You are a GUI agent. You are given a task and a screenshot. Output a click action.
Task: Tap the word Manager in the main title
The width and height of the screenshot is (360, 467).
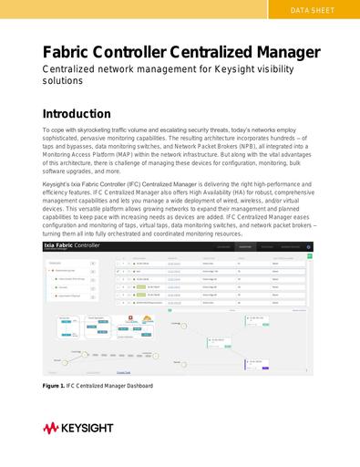tap(279, 52)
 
